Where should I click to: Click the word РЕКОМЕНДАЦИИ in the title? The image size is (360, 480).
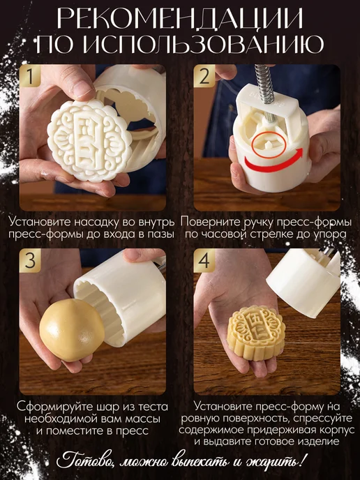pyautogui.click(x=180, y=18)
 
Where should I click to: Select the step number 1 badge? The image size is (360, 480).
pyautogui.click(x=30, y=76)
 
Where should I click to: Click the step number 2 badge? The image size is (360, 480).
pyautogui.click(x=204, y=76)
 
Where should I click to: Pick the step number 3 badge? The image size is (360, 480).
pyautogui.click(x=30, y=260)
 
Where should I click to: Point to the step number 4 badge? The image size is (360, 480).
pyautogui.click(x=204, y=260)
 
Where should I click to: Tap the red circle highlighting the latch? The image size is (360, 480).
pyautogui.click(x=269, y=145)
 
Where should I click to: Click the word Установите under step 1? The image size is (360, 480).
pyautogui.click(x=40, y=222)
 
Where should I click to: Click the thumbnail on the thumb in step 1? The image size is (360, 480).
pyautogui.click(x=79, y=87)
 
